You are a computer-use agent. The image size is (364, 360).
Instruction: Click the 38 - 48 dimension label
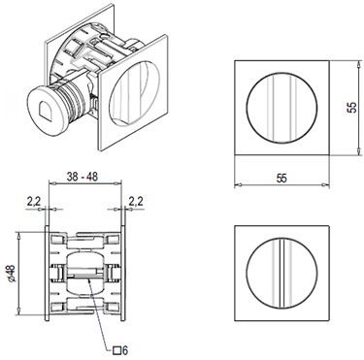(83, 177)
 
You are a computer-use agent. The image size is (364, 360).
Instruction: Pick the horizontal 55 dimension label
(281, 179)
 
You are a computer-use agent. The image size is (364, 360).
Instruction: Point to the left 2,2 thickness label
(34, 202)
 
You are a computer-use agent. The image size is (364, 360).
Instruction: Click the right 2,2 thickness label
(136, 201)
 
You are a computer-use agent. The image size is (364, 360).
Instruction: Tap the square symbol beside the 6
(117, 350)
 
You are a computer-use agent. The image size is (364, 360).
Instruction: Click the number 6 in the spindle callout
(125, 350)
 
